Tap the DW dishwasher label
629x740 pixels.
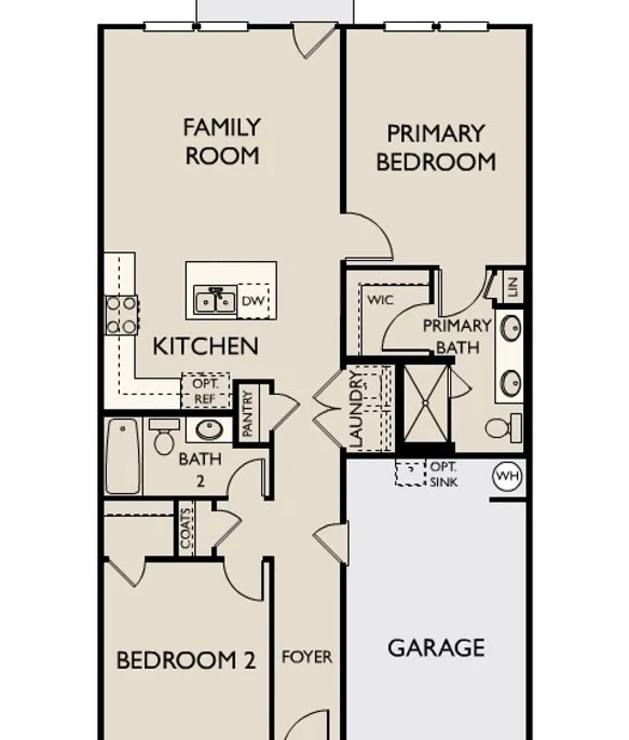pos(253,301)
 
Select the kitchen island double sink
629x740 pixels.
pos(215,300)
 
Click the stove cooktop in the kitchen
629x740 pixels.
pos(121,315)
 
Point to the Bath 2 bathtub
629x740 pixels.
pos(123,456)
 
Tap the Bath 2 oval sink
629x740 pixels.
pos(210,430)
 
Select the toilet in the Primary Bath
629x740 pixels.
pos(504,427)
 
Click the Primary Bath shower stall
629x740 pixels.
pos(426,403)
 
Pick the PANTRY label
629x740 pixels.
pos(247,413)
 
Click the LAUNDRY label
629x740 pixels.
pos(355,409)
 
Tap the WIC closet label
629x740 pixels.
pos(380,300)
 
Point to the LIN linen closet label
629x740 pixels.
pos(513,286)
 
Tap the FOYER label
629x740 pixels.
pos(307,657)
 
